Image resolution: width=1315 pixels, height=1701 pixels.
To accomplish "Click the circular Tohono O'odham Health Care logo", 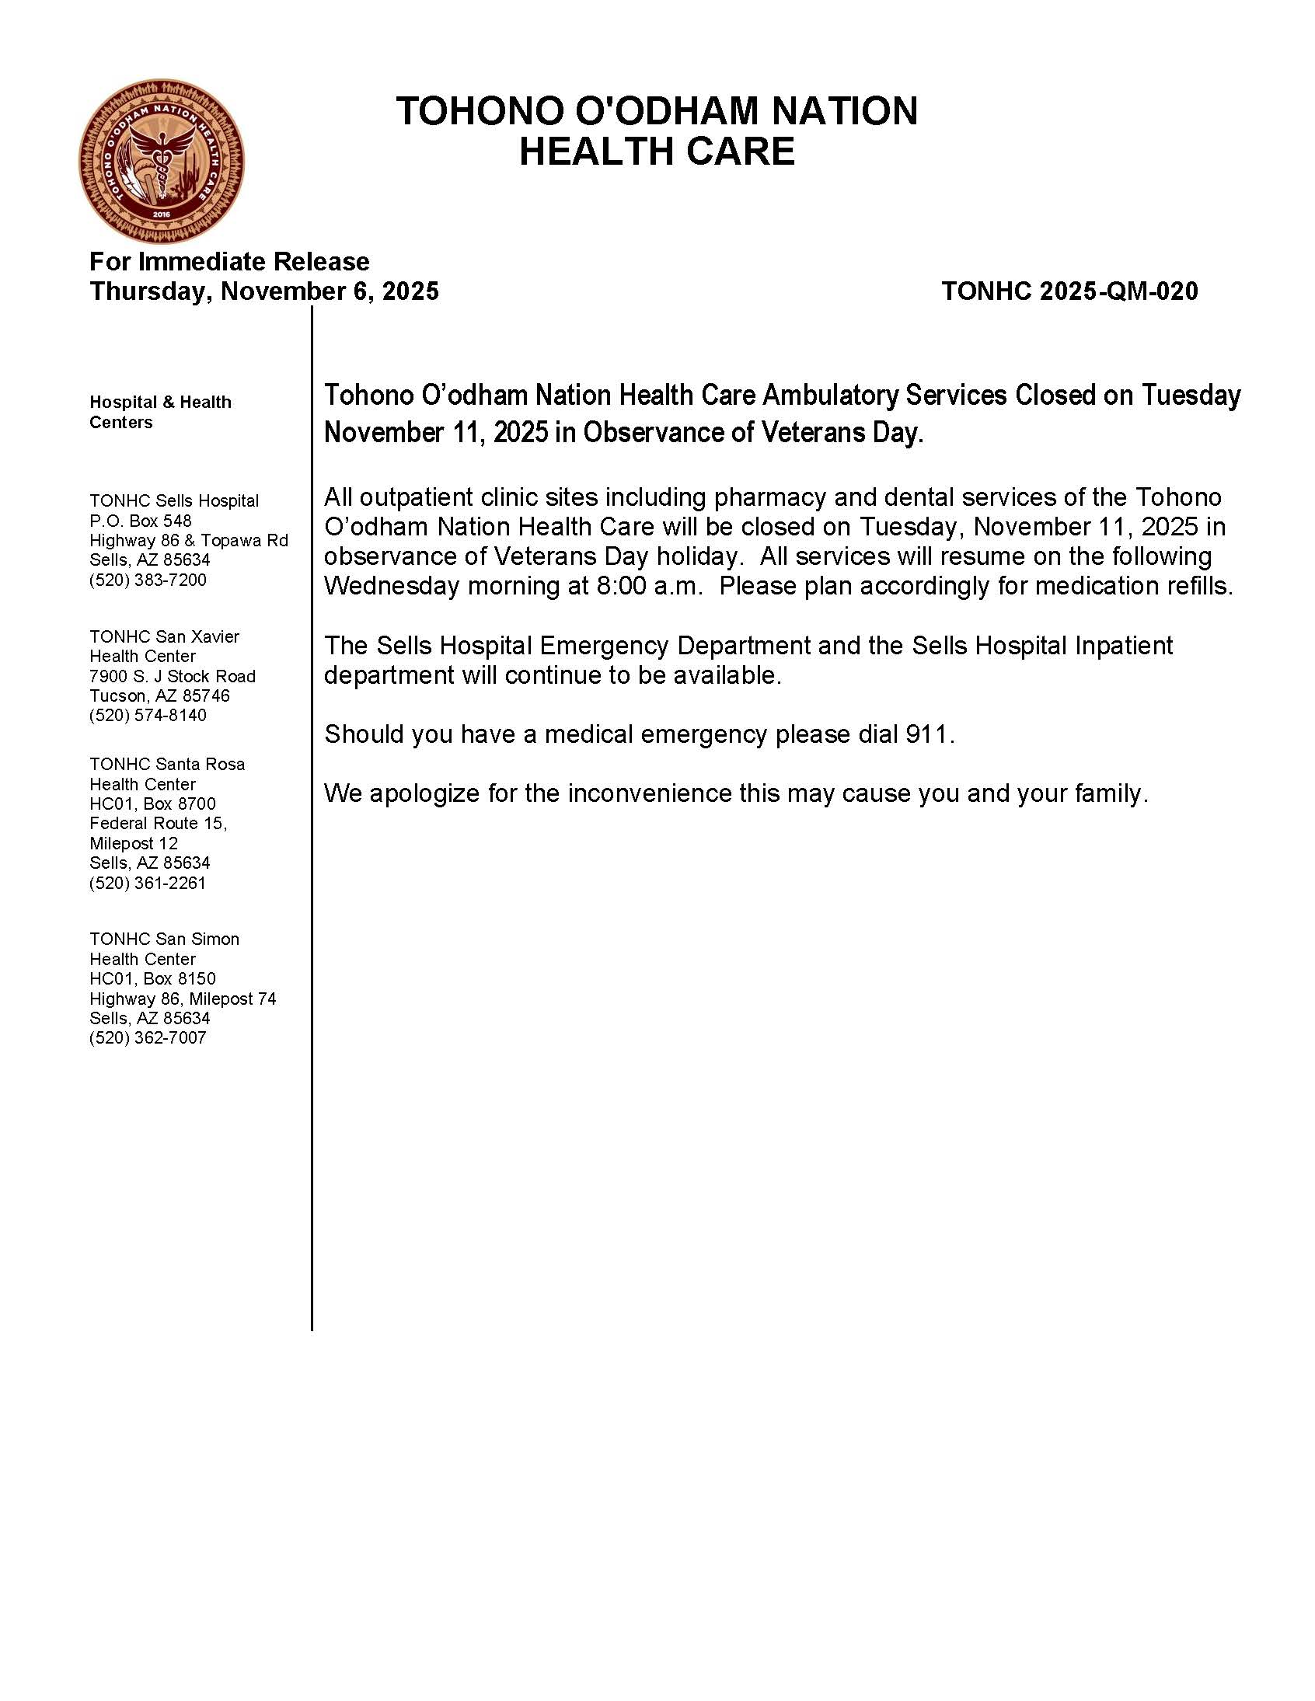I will [161, 161].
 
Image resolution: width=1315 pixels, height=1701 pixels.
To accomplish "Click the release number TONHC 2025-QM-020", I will [1069, 291].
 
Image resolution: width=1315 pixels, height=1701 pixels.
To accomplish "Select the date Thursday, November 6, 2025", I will [264, 291].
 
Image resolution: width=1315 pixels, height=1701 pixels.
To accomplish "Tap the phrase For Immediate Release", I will [229, 261].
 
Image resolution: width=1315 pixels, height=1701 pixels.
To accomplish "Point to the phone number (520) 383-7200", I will [148, 580].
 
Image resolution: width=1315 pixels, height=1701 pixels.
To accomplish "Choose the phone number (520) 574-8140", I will [148, 715].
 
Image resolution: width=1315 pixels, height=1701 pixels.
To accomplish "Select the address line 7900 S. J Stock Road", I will [173, 676].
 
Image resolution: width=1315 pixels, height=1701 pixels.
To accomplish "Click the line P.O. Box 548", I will [140, 521].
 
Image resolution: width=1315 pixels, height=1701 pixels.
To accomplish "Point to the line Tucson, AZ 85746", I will [159, 695].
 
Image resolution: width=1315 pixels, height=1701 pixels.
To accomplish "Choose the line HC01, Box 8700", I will [152, 803].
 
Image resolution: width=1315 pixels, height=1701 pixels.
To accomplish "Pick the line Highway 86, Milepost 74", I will [183, 999].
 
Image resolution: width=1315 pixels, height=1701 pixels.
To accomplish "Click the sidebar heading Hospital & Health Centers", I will [159, 412].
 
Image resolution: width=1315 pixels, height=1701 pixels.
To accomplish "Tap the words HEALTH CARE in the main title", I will [657, 151].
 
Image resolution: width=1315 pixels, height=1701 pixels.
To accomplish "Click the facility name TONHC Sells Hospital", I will [174, 500].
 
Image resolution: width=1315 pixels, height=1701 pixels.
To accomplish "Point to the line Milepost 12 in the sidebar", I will [133, 842].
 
